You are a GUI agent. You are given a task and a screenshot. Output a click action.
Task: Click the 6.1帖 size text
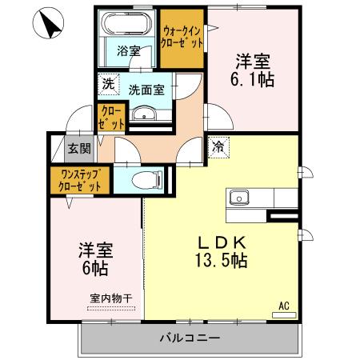(x=253, y=78)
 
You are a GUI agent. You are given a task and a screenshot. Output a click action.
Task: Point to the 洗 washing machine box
(x=107, y=83)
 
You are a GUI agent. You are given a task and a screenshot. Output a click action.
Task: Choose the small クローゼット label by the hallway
(x=111, y=118)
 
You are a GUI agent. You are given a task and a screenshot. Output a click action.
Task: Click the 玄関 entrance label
(x=78, y=148)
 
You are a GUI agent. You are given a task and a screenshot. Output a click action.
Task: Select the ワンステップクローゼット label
(x=79, y=179)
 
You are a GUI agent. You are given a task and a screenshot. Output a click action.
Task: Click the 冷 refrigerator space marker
(x=218, y=146)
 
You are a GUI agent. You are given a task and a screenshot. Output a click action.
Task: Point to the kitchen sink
(x=240, y=197)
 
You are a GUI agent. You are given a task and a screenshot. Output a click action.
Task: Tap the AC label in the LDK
(x=283, y=305)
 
